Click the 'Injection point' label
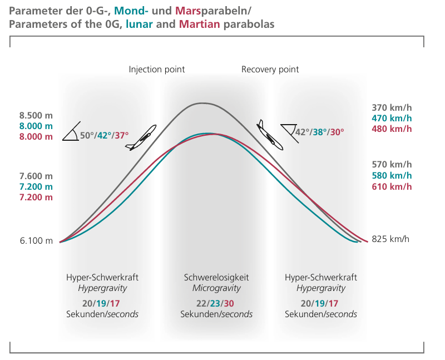tap(157, 70)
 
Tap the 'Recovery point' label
tap(270, 70)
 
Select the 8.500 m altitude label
tap(36, 116)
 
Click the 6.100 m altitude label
tap(36, 241)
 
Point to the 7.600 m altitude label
tap(36, 176)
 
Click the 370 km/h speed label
tap(392, 107)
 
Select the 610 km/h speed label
tap(392, 186)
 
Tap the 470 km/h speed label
tap(392, 118)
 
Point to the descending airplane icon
tap(270, 135)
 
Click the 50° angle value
tap(87, 135)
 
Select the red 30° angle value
tap(337, 132)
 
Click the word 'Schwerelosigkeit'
tap(216, 277)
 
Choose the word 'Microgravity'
tap(216, 288)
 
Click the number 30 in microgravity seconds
tap(228, 303)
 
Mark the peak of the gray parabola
tap(202, 103)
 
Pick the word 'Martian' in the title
tap(198, 24)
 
